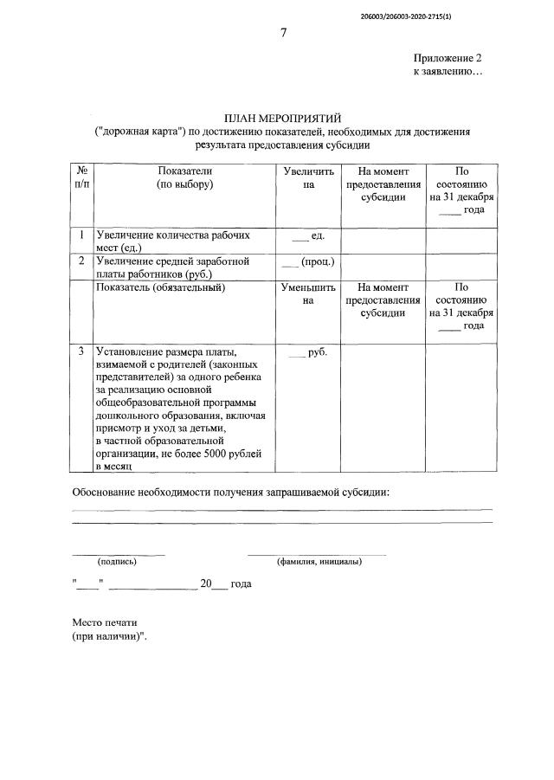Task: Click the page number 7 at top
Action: [283, 33]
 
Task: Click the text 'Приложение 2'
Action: [448, 58]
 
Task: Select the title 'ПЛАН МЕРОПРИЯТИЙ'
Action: [283, 118]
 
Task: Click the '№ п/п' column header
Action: [81, 178]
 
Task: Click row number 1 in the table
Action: [81, 235]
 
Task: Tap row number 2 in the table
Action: [81, 261]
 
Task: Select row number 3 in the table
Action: [81, 351]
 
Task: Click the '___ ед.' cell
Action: [308, 235]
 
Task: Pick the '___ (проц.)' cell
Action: [308, 261]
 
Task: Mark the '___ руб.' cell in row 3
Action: [308, 351]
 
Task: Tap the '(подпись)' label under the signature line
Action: [118, 561]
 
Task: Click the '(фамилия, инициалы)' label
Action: [319, 561]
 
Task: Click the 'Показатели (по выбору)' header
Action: [184, 178]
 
